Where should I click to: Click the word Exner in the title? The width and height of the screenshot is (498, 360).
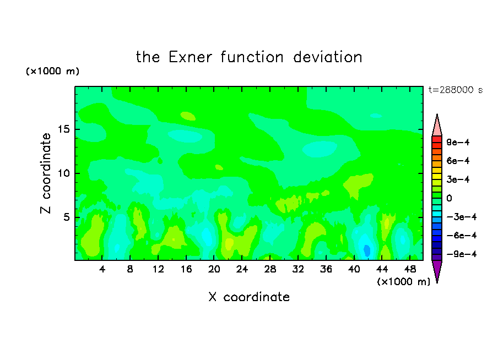190,57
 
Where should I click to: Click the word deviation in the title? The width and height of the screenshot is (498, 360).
327,57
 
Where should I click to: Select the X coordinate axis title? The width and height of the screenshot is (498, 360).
249,297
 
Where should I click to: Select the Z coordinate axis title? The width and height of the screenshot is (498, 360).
45,173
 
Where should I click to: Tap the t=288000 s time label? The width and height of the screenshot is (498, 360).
456,90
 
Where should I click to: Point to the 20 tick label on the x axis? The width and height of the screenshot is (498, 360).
214,269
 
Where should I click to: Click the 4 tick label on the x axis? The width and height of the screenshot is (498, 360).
102,269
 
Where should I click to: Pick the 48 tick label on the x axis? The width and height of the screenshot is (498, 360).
410,269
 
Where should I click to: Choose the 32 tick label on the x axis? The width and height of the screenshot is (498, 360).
298,269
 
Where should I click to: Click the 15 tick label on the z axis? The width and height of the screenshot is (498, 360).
64,129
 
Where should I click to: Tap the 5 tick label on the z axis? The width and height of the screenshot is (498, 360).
66,217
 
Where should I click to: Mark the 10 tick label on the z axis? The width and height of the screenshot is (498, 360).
64,173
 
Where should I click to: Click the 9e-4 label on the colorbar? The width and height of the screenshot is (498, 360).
458,142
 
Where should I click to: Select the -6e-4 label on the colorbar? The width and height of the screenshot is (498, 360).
462,236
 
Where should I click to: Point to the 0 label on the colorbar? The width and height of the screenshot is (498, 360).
449,198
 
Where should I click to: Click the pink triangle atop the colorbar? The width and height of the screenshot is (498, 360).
437,125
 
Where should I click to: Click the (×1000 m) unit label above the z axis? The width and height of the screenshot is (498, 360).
52,71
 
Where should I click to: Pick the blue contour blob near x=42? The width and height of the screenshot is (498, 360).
367,250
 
